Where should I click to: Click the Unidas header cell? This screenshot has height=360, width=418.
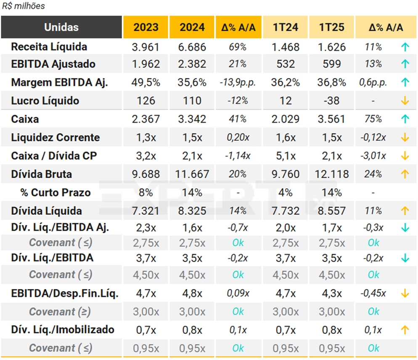(61, 27)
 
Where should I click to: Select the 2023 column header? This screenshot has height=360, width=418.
(146, 27)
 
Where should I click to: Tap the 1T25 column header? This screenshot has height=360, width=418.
(332, 27)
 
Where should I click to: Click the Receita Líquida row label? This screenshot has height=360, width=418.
(49, 47)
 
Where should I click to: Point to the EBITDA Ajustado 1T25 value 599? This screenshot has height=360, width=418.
(332, 64)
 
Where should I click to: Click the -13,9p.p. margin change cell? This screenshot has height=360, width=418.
(238, 83)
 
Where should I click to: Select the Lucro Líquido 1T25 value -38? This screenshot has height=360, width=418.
(332, 101)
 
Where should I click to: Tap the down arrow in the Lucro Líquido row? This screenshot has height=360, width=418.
(405, 101)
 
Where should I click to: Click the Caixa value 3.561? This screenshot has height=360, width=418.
(332, 119)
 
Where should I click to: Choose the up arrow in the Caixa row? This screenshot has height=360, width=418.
(405, 119)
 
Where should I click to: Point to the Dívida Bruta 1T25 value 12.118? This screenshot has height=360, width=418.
(332, 174)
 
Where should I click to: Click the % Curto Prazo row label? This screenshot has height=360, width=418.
(55, 193)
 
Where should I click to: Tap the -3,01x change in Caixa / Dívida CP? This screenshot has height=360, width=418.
(373, 156)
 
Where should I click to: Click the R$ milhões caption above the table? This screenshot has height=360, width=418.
(24, 6)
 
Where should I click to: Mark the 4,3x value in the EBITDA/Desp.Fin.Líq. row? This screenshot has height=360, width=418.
(332, 294)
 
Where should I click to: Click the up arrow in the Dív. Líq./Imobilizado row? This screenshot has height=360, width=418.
(405, 330)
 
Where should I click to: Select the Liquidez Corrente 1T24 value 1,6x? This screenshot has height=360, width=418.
(286, 138)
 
